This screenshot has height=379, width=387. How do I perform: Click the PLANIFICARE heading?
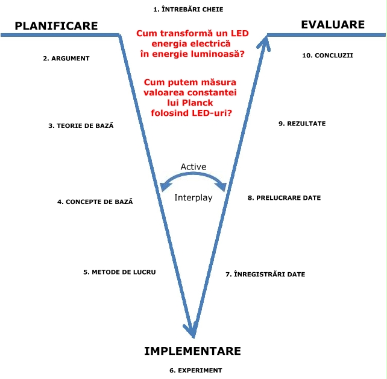point(56,26)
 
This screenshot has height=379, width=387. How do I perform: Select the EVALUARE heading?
point(333,25)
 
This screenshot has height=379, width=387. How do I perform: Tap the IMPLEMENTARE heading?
point(192,351)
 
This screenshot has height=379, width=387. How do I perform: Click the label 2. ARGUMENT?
point(66,59)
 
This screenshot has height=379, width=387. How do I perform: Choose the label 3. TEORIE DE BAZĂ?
point(81,126)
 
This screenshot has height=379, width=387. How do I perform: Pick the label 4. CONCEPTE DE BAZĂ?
point(95,202)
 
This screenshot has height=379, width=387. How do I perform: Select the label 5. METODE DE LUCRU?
point(119,272)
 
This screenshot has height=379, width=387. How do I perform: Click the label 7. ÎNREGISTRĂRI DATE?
point(265,275)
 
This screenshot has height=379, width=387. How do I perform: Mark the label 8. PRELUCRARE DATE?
point(284,198)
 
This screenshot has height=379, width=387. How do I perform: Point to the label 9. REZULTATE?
point(302,124)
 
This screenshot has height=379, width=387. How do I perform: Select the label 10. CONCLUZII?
point(327,56)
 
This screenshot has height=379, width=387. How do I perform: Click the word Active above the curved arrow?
point(193,167)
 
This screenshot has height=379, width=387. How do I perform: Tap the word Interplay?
point(193,198)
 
